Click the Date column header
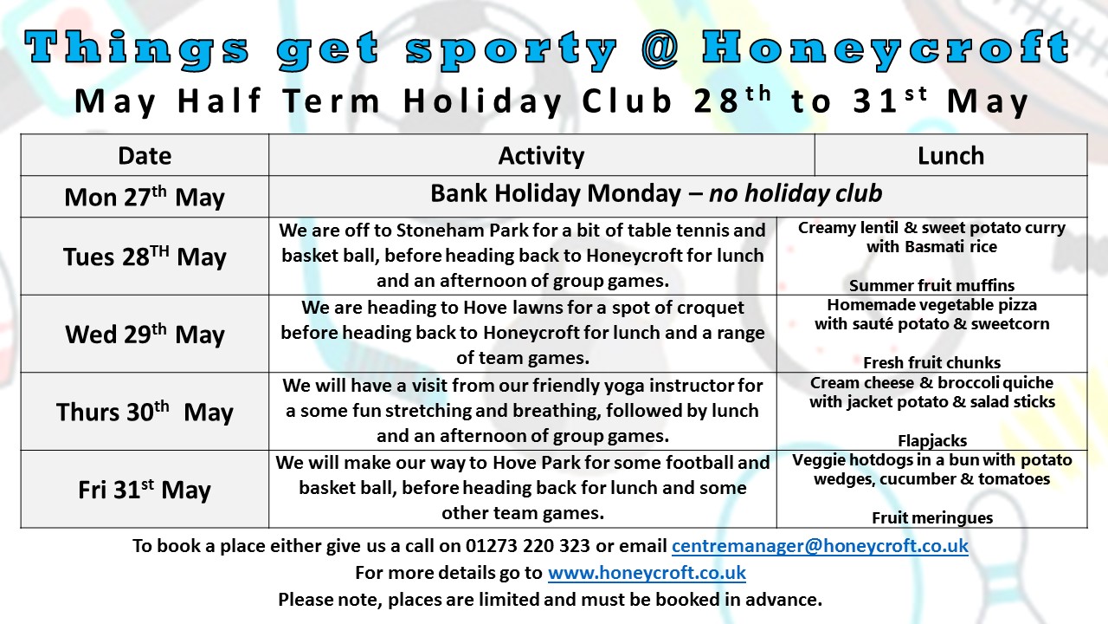145,155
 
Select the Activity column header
541,155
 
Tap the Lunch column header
950,155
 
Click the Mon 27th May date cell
145,197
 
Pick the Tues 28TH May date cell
145,257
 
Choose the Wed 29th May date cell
145,334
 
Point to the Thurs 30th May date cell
145,412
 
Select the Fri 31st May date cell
145,490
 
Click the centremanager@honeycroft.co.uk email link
820,546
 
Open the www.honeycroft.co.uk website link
647,573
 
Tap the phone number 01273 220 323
528,546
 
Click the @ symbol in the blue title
660,49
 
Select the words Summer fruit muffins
932,285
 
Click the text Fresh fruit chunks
932,362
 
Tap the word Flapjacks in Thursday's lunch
932,440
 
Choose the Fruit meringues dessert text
932,517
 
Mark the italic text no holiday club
796,193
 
